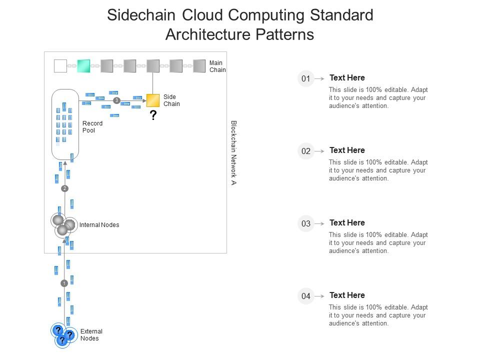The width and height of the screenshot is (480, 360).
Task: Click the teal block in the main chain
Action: [x=83, y=66]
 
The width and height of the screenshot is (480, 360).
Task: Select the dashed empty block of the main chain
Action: [x=60, y=66]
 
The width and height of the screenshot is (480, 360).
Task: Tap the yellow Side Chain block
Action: [x=153, y=100]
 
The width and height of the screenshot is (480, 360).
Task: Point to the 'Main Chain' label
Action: [x=217, y=66]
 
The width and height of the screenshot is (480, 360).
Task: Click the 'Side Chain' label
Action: [x=171, y=100]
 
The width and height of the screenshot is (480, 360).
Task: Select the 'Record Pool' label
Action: [x=92, y=127]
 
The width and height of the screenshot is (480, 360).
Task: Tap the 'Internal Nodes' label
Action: [x=99, y=225]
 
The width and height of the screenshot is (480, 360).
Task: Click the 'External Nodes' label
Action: [x=91, y=335]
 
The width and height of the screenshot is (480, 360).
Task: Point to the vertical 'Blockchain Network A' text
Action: [x=233, y=152]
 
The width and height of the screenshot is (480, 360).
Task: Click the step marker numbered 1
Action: [x=64, y=283]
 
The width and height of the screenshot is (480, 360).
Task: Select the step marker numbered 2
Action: [x=64, y=188]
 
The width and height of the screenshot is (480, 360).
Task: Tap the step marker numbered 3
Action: [x=116, y=100]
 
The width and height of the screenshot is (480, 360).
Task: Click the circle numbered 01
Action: [x=305, y=78]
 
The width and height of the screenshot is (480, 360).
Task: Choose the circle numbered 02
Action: [x=305, y=151]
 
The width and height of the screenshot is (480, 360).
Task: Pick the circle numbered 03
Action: [x=305, y=223]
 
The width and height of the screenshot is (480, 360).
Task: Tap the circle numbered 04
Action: [x=305, y=296]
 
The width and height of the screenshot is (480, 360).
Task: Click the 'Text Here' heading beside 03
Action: [x=347, y=222]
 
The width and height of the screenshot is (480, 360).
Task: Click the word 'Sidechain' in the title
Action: [x=141, y=15]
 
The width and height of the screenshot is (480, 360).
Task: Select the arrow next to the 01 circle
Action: [x=319, y=78]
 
